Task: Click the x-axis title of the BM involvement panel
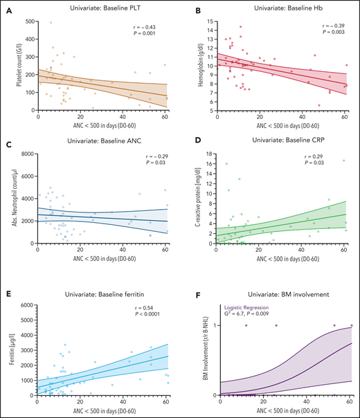coord(285,412)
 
